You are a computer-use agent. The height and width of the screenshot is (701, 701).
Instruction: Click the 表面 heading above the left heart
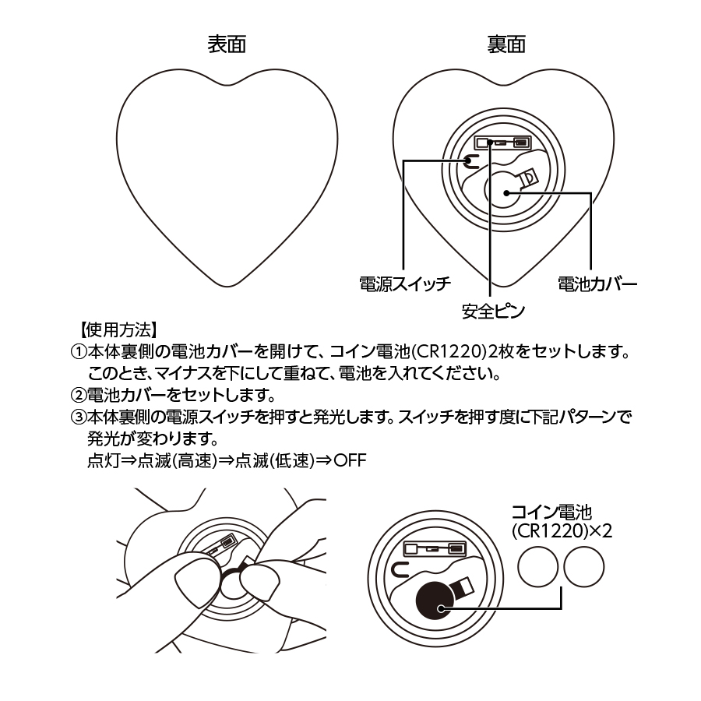point(227,44)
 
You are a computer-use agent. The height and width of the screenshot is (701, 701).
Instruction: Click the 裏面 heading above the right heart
point(505,44)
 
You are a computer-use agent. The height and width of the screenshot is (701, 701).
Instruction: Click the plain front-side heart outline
point(227,171)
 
